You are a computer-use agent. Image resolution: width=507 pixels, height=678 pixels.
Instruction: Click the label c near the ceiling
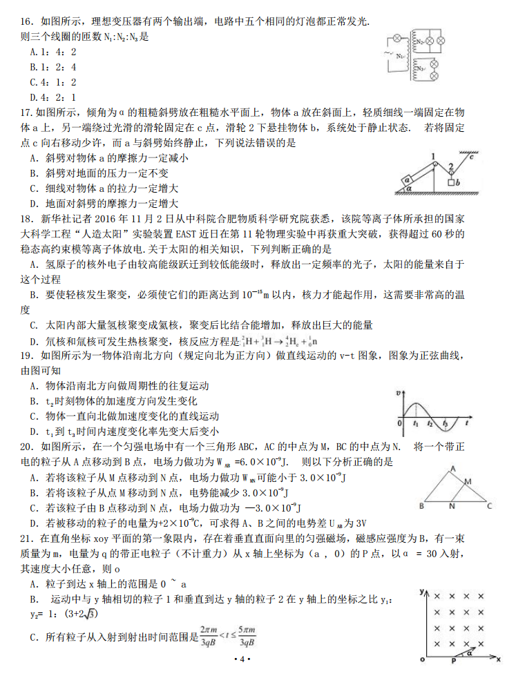pos(471,158)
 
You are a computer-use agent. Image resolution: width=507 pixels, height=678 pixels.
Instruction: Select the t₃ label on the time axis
pos(446,423)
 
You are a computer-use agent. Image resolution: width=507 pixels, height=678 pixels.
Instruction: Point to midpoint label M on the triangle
pos(468,481)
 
